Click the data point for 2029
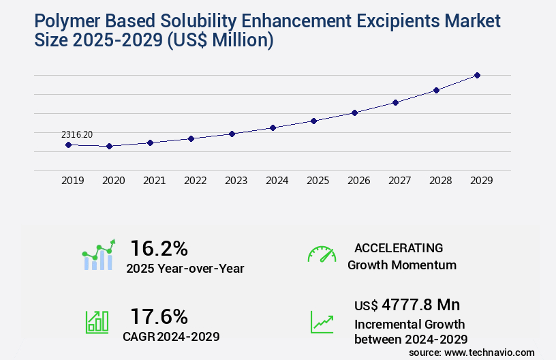(477, 75)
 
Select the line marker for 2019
(68, 145)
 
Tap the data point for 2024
(273, 127)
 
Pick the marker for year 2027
(395, 102)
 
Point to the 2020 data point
(109, 146)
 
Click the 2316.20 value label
(77, 135)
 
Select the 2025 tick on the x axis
(318, 181)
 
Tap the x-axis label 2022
(195, 181)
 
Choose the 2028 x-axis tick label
(440, 181)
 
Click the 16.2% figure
(159, 247)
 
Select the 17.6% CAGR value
(159, 316)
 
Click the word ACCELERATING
(399, 247)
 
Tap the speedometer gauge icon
(322, 254)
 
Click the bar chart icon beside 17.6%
(97, 321)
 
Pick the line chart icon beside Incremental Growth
(322, 321)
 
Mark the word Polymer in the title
(68, 21)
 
